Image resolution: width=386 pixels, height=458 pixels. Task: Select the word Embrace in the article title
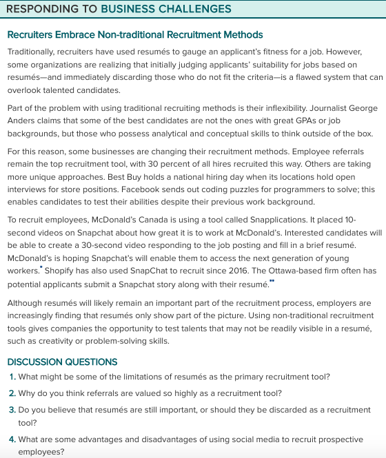tap(72, 35)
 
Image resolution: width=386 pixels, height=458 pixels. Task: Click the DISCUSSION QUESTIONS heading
tap(63, 362)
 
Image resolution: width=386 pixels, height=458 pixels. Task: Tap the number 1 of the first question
tap(12, 377)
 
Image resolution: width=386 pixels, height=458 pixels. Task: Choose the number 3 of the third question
tap(12, 410)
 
